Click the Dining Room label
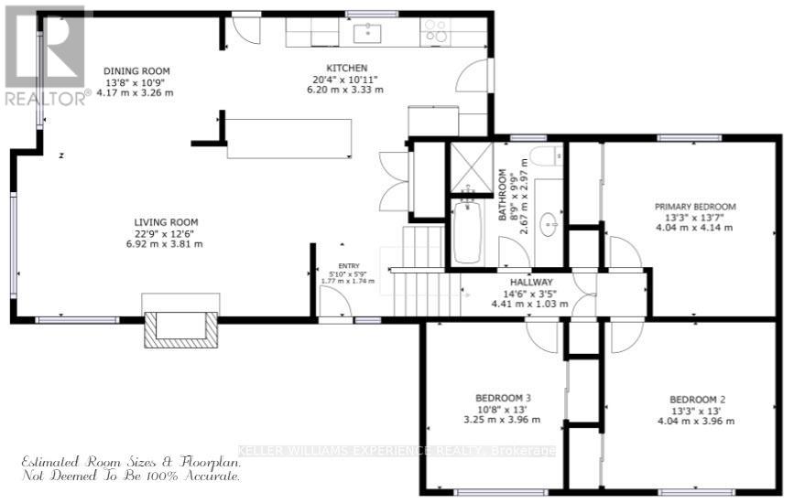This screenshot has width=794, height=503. click(x=136, y=71)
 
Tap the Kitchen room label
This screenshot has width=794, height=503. click(x=347, y=68)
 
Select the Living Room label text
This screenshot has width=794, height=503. click(x=166, y=222)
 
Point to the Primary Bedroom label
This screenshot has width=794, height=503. click(x=694, y=207)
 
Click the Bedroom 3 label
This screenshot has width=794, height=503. click(x=503, y=398)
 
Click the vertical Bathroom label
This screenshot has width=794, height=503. click(x=503, y=196)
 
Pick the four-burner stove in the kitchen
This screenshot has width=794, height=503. click(x=434, y=32)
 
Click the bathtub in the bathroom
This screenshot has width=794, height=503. click(x=466, y=233)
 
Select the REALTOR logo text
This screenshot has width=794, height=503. click(x=46, y=98)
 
